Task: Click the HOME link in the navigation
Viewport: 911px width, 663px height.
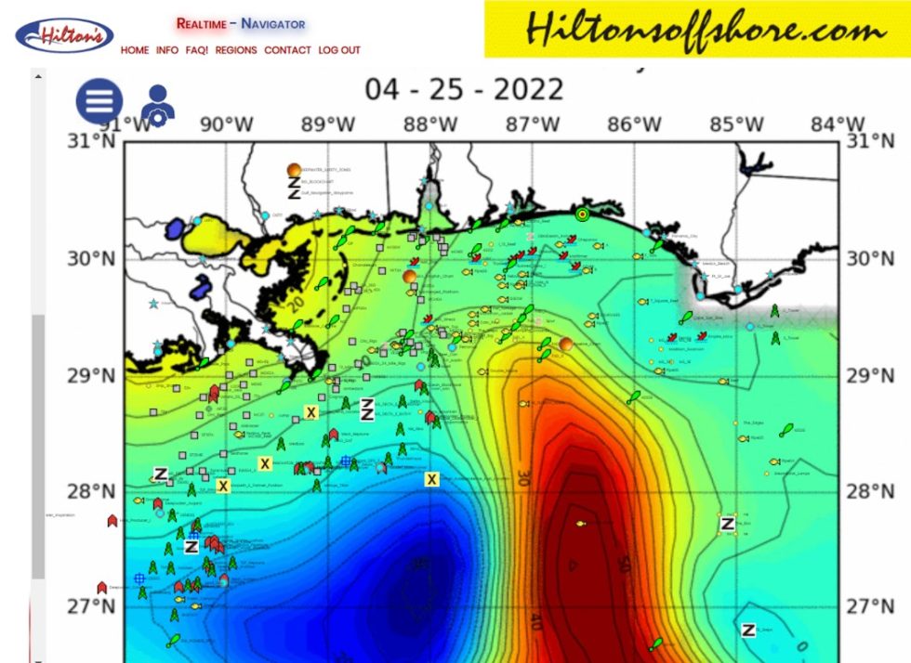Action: click(134, 50)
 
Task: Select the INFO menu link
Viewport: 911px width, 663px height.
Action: click(167, 50)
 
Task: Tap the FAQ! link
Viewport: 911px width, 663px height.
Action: click(196, 50)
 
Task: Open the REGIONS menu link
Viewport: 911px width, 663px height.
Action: click(236, 50)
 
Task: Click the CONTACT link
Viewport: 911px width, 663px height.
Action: click(287, 50)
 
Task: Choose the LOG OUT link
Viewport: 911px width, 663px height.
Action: click(339, 50)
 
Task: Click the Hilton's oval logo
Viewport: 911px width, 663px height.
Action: click(64, 36)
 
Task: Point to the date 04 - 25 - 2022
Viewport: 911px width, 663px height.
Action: click(464, 90)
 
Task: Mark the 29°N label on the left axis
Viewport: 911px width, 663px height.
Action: click(91, 375)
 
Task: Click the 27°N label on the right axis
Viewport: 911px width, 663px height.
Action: click(872, 606)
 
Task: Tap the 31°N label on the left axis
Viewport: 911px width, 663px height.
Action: click(91, 141)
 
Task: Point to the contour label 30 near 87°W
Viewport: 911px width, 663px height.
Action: click(523, 479)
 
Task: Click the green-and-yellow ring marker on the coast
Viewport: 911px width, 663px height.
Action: click(583, 214)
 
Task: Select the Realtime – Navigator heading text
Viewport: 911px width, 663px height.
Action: click(241, 23)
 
